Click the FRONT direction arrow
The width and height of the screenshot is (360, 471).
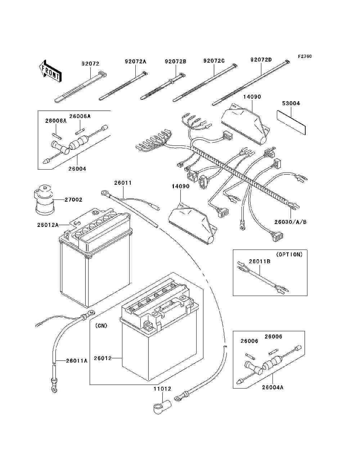point(50,71)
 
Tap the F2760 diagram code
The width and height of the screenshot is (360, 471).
point(305,57)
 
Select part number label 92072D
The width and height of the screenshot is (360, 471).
point(261,60)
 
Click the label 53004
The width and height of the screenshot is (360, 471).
point(291,103)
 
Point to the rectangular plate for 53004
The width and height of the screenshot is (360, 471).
point(291,122)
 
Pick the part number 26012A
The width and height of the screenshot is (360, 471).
point(48,225)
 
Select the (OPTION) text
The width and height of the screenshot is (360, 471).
point(289,255)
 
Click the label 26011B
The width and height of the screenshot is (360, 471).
point(260,261)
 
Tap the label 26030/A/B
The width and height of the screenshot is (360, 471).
point(291,222)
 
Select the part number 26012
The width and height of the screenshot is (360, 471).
point(103,358)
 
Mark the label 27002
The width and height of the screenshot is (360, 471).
point(73,200)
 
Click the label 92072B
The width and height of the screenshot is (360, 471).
point(175,62)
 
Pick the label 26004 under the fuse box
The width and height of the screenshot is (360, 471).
point(77,169)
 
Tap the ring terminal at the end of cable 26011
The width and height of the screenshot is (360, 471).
point(105,193)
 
